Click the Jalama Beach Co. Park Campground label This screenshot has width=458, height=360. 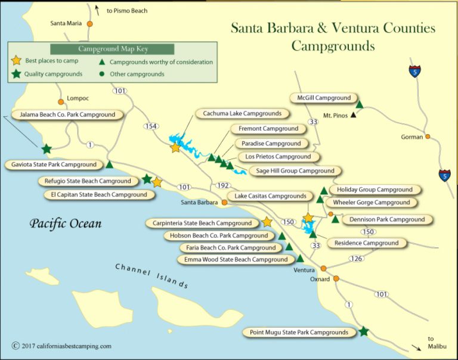tap(67, 114)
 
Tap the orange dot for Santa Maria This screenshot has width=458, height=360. tap(89, 24)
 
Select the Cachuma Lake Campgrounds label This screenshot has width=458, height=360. tap(242, 113)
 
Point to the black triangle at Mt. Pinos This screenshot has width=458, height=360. tap(354, 115)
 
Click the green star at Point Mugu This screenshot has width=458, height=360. tap(364, 331)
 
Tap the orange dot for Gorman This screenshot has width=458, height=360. tap(428, 137)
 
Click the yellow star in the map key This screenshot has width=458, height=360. tap(17, 61)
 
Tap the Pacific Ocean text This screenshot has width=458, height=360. tap(66, 224)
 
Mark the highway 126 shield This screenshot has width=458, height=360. tap(356, 258)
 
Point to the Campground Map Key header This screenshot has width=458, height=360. tap(113, 49)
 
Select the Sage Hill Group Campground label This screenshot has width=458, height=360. tap(295, 171)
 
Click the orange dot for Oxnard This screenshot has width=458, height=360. tap(336, 278)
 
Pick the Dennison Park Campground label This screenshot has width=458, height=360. tap(387, 219)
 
